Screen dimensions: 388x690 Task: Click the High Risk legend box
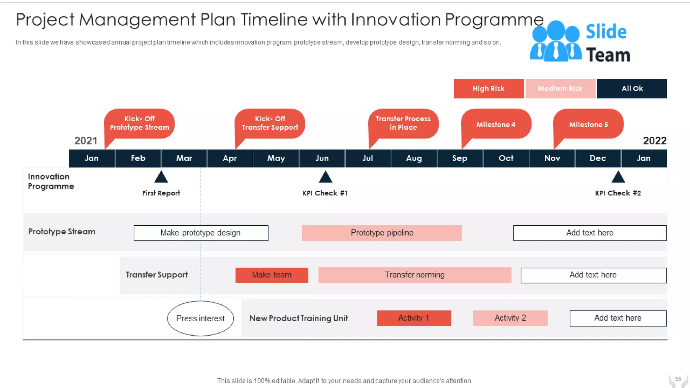coord(489,89)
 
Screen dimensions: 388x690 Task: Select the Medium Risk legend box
coord(560,89)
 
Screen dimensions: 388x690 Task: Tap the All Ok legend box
coord(632,89)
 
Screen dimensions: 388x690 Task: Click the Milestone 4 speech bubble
coord(496,124)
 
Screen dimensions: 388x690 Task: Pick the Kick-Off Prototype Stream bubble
coord(139,123)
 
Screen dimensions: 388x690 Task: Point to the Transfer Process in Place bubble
coord(403,123)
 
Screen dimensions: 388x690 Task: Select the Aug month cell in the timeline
coord(414,158)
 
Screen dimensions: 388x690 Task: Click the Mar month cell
coord(184,158)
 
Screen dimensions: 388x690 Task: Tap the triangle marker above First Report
coord(161,177)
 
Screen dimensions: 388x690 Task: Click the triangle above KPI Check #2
coord(618,177)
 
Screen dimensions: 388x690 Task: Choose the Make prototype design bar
coord(201,233)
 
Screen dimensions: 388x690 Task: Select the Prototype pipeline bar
coord(382,233)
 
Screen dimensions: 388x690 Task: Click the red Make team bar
coord(272,275)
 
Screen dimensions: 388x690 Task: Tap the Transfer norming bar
coord(415,275)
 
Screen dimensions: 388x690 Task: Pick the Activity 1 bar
coord(414,318)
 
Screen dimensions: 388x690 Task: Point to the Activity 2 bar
coord(510,318)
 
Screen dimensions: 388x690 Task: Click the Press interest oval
coord(200,318)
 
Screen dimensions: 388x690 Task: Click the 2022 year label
coord(654,140)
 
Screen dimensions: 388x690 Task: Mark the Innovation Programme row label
coord(51,181)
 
